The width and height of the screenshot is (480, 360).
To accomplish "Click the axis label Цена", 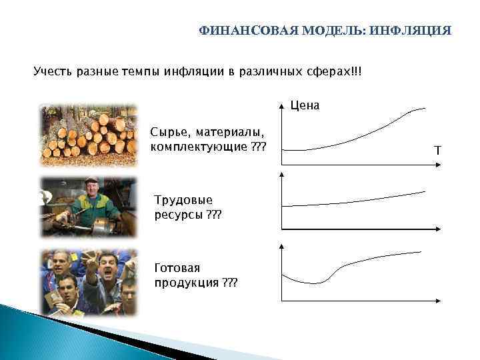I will [x=305, y=105].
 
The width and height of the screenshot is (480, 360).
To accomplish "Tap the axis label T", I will [x=437, y=151].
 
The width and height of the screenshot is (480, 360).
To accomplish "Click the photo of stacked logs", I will [x=88, y=133].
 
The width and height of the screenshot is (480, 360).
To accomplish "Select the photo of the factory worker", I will [x=88, y=207].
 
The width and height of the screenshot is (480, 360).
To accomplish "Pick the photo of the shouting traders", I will [x=88, y=282].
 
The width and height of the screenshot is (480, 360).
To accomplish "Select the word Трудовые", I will [x=183, y=200].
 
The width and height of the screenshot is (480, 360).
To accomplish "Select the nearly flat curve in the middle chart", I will [x=353, y=201].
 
